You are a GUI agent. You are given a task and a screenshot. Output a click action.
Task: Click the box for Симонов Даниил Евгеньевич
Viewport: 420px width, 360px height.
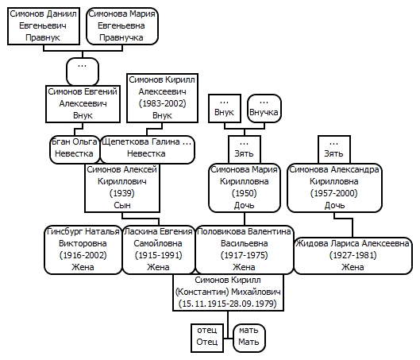(44, 26)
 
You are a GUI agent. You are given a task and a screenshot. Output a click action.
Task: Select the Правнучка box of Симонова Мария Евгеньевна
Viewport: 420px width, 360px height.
(122, 26)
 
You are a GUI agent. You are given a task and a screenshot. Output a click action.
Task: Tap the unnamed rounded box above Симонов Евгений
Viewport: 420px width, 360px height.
(83, 72)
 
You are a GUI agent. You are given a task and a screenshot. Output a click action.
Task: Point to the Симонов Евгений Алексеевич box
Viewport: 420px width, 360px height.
(83, 104)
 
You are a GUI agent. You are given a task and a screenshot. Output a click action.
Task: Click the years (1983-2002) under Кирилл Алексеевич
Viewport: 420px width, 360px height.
(162, 103)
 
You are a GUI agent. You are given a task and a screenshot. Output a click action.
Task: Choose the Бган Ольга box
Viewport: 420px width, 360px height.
(75, 149)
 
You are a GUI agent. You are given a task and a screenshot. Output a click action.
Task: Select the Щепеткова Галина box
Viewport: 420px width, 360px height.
(147, 149)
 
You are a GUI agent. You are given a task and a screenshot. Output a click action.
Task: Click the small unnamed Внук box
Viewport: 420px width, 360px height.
(225, 108)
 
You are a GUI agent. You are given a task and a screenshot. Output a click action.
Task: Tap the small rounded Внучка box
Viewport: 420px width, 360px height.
(264, 108)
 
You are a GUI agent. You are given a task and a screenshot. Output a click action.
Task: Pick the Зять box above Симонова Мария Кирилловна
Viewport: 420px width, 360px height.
(245, 149)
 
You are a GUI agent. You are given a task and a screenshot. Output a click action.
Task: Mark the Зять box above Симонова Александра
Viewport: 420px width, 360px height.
(334, 149)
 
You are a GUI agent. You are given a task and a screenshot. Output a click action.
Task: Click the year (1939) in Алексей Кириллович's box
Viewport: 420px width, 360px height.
(122, 193)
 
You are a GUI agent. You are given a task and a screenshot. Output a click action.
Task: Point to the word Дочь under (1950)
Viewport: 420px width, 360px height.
(245, 205)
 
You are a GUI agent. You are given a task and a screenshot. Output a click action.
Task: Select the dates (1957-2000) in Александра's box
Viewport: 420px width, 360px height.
(334, 193)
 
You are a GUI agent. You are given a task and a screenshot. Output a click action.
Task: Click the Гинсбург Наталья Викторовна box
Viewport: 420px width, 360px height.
(83, 250)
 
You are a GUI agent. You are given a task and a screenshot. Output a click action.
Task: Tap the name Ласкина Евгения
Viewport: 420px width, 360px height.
(159, 231)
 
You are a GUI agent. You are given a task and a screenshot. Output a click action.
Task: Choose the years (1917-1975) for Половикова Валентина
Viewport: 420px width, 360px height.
(245, 255)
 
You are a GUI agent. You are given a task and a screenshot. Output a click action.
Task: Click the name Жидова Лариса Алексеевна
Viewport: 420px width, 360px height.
(353, 243)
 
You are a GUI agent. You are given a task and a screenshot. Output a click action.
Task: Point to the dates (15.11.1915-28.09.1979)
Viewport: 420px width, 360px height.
(228, 304)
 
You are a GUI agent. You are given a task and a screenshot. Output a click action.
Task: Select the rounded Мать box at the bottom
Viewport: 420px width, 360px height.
(249, 338)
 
